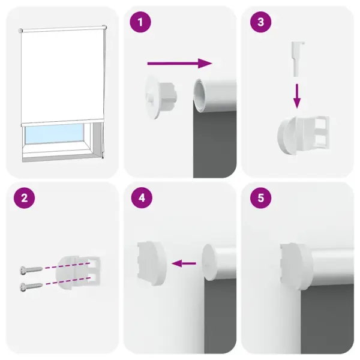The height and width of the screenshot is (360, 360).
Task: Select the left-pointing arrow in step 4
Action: [184, 262]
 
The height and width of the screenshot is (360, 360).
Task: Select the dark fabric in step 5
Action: [324, 318]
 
